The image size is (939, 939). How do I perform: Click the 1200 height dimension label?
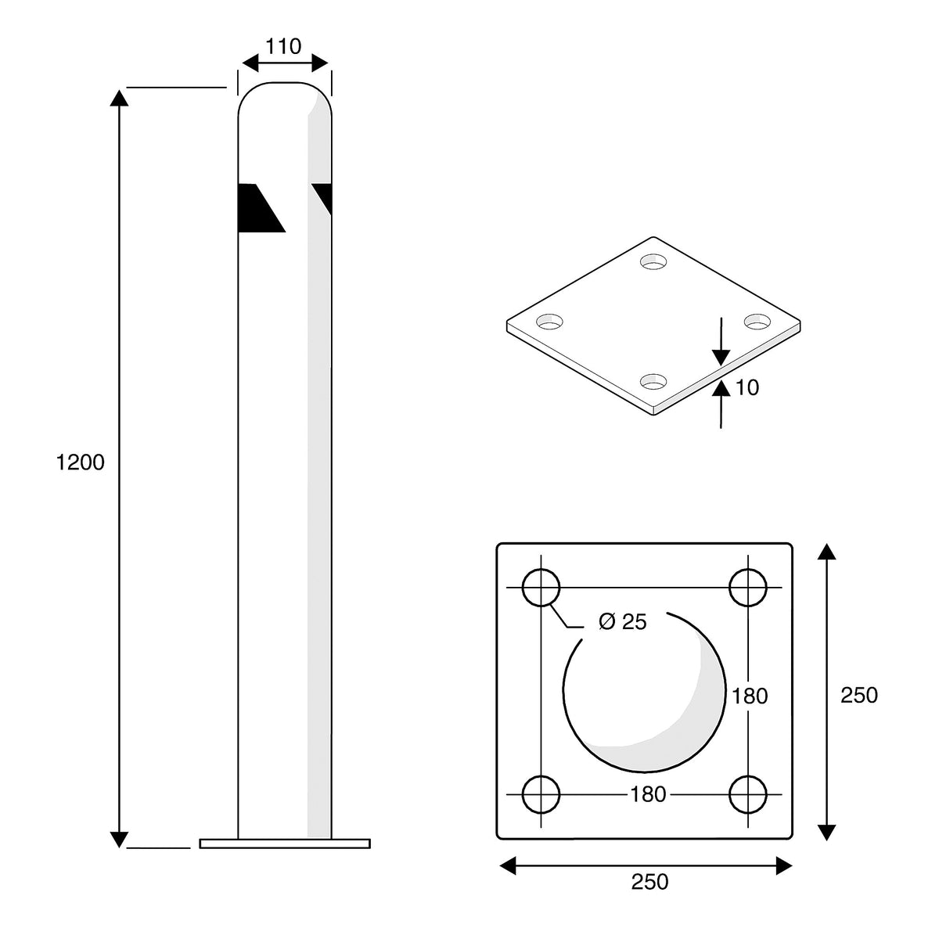coord(81,462)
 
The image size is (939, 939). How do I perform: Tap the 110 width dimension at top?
coord(283,47)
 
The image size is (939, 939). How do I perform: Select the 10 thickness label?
coord(747,387)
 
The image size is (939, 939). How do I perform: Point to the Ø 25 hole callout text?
coord(622,622)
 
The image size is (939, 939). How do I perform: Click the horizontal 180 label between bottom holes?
coord(648,794)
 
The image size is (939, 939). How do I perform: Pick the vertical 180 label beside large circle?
coord(750,696)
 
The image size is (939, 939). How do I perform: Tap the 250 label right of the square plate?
coord(859,696)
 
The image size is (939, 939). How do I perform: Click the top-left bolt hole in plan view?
coord(541,588)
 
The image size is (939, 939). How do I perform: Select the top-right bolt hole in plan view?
coord(748,588)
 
